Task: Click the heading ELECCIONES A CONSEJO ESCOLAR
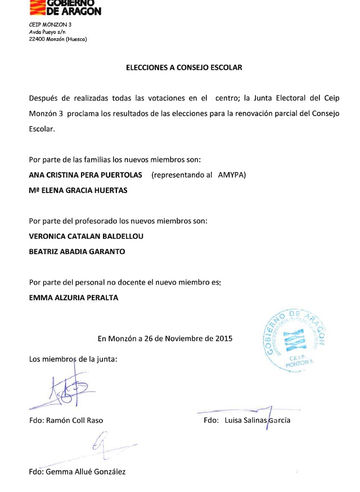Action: pyautogui.click(x=184, y=67)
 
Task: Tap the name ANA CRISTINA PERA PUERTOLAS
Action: pyautogui.click(x=85, y=175)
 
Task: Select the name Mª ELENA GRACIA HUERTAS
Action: pyautogui.click(x=78, y=190)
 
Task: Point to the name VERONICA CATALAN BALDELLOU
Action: pyautogui.click(x=86, y=236)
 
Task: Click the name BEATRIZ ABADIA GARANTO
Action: pyautogui.click(x=77, y=251)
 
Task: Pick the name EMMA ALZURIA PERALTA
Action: pyautogui.click(x=74, y=297)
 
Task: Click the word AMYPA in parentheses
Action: pyautogui.click(x=232, y=175)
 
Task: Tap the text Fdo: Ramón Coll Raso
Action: pyautogui.click(x=66, y=420)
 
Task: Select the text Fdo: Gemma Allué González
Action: pyautogui.click(x=77, y=471)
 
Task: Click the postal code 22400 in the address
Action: pyautogui.click(x=37, y=39)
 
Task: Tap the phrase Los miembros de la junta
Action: pyautogui.click(x=73, y=359)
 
